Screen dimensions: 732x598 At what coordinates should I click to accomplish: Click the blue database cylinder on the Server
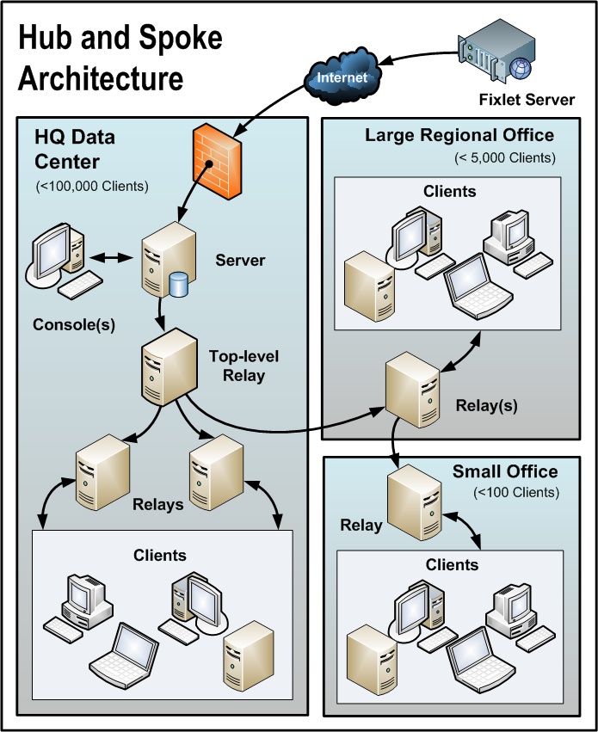pos(178,284)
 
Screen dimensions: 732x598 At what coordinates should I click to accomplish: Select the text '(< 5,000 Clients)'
pos(505,157)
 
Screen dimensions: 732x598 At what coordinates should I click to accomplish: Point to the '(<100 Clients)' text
pos(516,493)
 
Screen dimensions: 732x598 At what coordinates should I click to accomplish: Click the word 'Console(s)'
pos(74,325)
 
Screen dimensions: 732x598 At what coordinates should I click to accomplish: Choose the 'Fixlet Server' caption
pos(527,100)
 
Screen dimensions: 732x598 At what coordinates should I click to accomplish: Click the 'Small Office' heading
pos(505,471)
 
